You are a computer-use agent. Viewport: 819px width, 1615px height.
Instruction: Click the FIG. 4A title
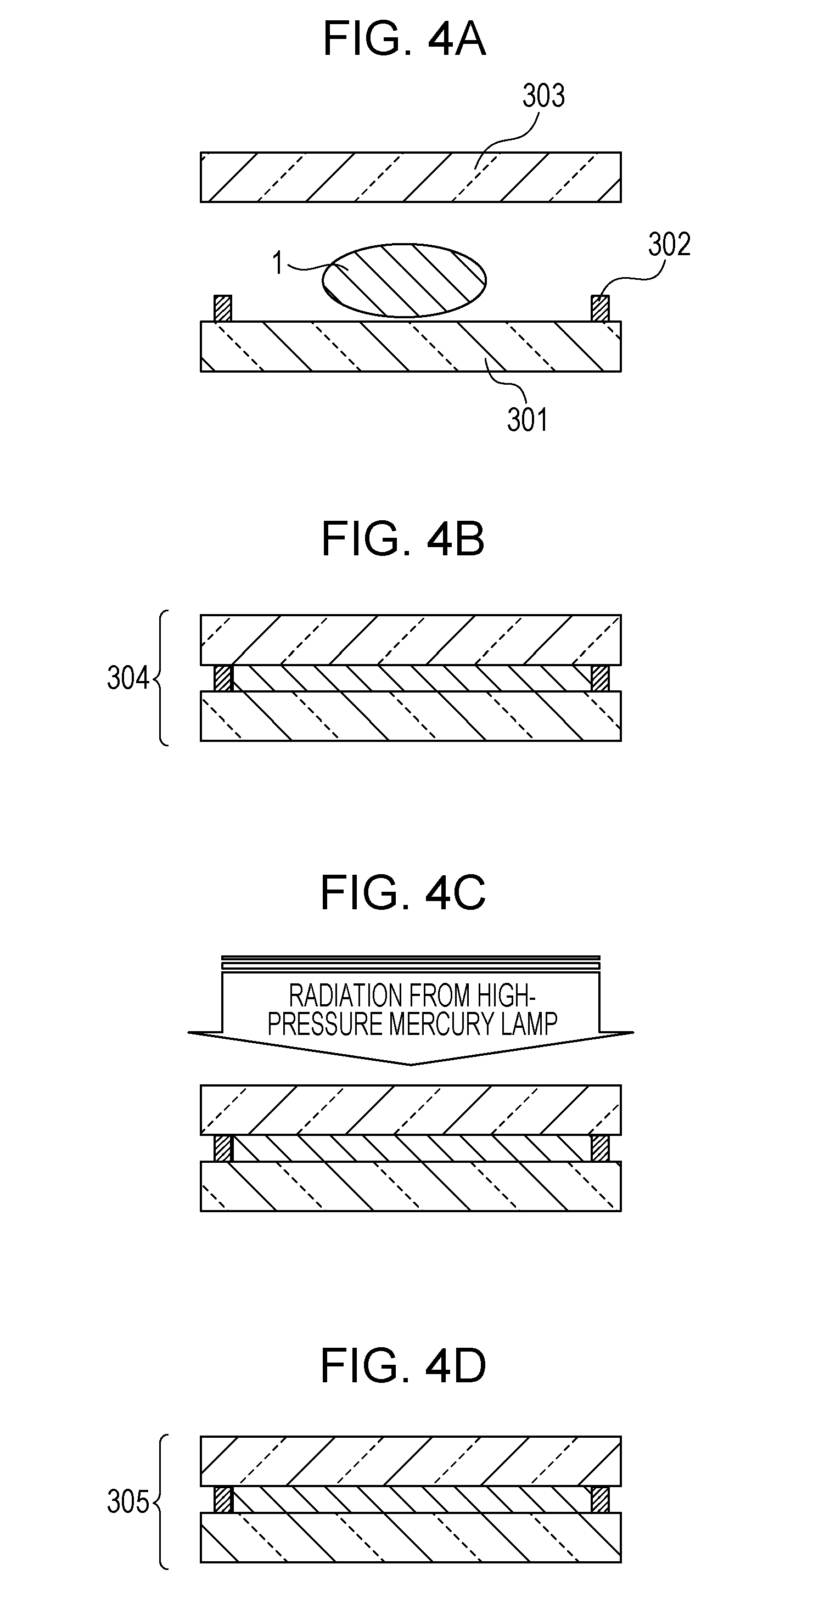pos(405,39)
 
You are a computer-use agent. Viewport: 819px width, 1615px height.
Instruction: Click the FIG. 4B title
pos(403,539)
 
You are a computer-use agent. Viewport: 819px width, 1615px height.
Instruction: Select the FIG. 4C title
pos(403,893)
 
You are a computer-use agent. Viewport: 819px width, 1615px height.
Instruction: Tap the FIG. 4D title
pos(403,1367)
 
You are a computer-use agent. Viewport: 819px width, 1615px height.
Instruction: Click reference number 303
pos(543,97)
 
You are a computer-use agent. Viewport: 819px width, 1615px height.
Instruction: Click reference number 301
pos(528,420)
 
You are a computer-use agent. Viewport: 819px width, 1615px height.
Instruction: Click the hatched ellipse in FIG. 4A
pos(405,280)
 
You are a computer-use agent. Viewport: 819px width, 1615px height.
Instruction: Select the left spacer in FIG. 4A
pos(223,308)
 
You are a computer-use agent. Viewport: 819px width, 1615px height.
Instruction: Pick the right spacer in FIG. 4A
pos(600,308)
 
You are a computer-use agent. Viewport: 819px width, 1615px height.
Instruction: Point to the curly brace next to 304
pos(161,678)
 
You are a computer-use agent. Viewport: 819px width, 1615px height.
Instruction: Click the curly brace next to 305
pos(161,1502)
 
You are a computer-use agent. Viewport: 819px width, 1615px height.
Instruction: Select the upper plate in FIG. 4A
pos(411,177)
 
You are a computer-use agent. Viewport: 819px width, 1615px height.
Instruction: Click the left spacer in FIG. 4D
pos(223,1500)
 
